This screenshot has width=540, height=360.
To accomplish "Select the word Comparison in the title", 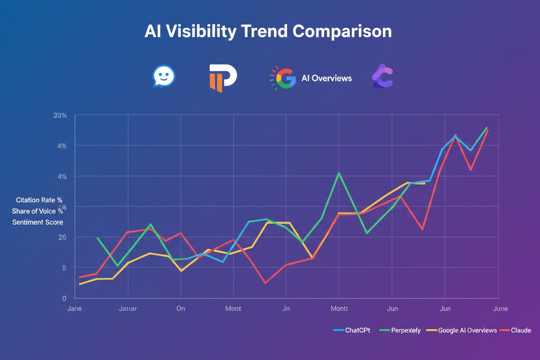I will click(x=342, y=32).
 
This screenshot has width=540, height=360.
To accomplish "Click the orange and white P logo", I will click(x=222, y=78).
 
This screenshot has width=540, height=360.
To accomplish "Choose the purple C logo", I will click(x=382, y=77).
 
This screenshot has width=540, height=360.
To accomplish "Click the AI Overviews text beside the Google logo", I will click(x=326, y=78).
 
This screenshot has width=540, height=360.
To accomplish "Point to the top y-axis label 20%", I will click(x=60, y=116).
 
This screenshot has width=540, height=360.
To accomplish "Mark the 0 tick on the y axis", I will click(x=64, y=299).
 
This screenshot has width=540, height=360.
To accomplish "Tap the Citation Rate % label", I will click(x=39, y=200).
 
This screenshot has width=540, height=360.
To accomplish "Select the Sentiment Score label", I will click(x=38, y=222).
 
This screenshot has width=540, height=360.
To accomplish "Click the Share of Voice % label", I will click(x=38, y=211).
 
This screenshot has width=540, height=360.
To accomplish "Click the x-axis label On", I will click(x=180, y=309).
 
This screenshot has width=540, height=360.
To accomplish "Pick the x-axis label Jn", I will click(x=286, y=309).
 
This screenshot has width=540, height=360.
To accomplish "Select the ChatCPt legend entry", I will click(x=352, y=330).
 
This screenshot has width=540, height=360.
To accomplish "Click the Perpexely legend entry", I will click(x=400, y=330).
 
